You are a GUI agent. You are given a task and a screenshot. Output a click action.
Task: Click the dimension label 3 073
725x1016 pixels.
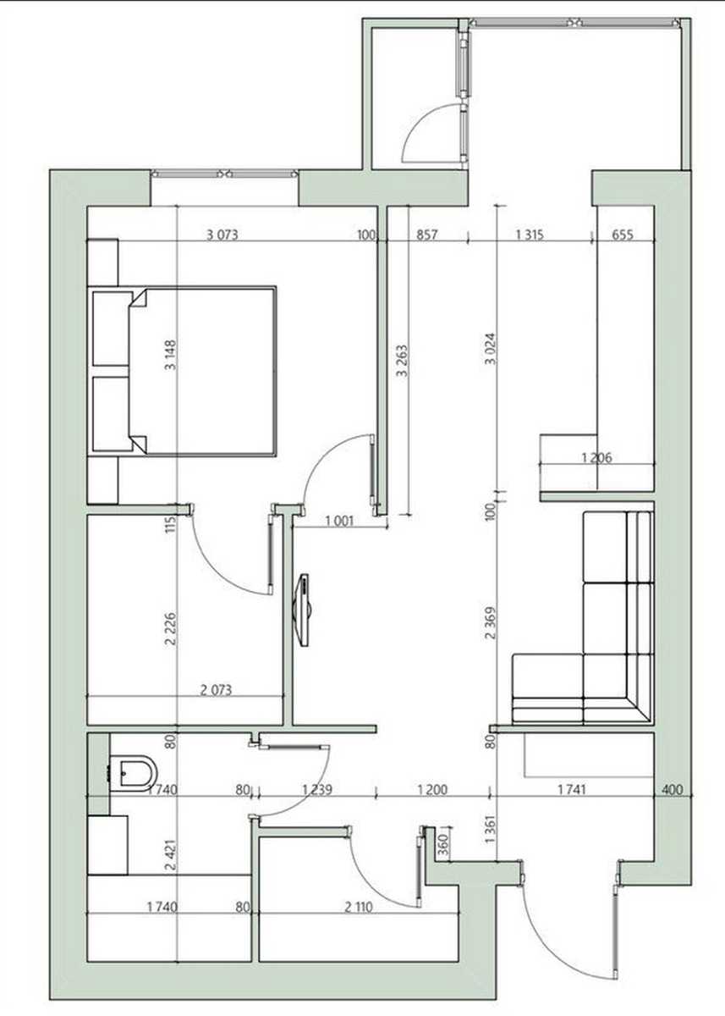[x=222, y=235]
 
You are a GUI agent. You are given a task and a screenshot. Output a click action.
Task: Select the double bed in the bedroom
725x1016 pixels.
[x=184, y=370]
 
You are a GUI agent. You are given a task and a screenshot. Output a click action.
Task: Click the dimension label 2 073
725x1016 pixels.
[x=216, y=703]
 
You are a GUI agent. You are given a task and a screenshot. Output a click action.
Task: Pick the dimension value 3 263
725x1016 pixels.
[x=402, y=362]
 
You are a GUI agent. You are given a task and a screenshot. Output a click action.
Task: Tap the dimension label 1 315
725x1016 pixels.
[x=530, y=235]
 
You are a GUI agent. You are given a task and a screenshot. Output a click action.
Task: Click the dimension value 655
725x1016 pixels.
[x=623, y=235]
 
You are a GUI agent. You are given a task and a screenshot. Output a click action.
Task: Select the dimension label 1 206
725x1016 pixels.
[x=596, y=458]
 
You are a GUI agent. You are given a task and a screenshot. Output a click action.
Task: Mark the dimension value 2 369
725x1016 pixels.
[x=491, y=623]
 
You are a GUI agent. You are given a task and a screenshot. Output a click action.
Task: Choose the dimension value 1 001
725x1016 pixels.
[x=339, y=522]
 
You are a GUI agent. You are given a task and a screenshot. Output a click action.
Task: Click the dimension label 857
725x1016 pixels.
[x=427, y=235]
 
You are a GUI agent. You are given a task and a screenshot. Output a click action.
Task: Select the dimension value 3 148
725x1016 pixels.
[x=171, y=355]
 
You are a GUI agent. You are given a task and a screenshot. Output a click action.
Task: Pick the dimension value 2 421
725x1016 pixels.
[x=171, y=854]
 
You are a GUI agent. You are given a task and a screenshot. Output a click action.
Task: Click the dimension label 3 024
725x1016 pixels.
[x=491, y=349]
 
